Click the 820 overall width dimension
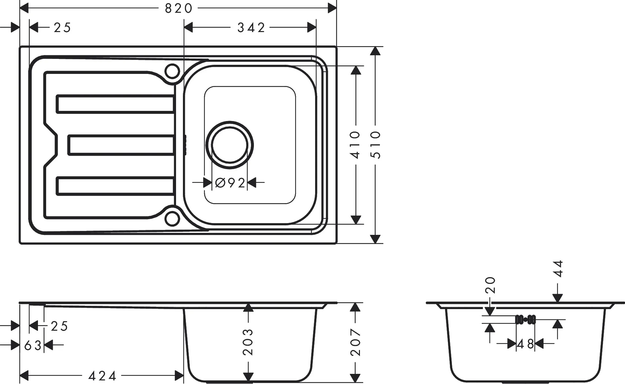pyautogui.click(x=178, y=8)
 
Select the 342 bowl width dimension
pyautogui.click(x=251, y=27)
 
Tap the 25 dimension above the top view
pyautogui.click(x=62, y=27)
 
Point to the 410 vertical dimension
pyautogui.click(x=355, y=145)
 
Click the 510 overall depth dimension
pyautogui.click(x=376, y=145)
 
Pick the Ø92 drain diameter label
pyautogui.click(x=230, y=183)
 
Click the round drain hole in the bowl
pyautogui.click(x=229, y=145)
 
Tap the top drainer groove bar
pyautogui.click(x=115, y=104)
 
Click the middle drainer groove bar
pyautogui.click(x=121, y=145)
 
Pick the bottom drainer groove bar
pyautogui.click(x=115, y=186)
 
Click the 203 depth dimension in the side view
pyautogui.click(x=248, y=342)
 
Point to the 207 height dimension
pyautogui.click(x=356, y=342)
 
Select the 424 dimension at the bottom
pyautogui.click(x=102, y=376)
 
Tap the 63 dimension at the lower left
pyautogui.click(x=32, y=345)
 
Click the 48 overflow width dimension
pyautogui.click(x=525, y=344)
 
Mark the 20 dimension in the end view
pyautogui.click(x=490, y=285)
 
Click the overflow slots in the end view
pyautogui.click(x=525, y=319)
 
